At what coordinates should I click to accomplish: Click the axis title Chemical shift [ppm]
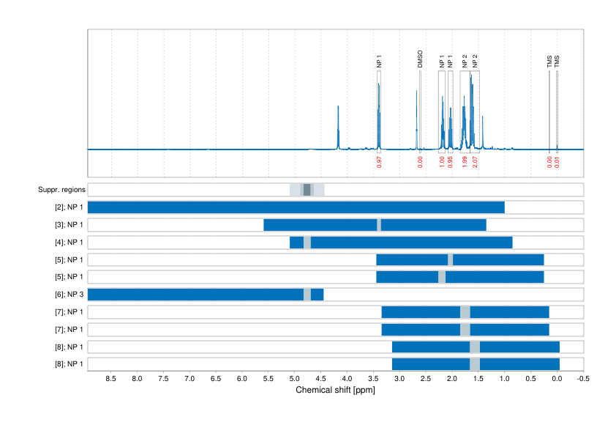coord(335,390)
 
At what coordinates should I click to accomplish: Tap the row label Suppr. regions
coord(61,190)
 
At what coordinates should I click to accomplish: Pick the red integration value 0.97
coord(379,162)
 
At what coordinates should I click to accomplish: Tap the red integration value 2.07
coord(475,162)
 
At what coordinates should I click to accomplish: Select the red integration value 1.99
coord(465,162)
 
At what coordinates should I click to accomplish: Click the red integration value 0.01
coord(557,162)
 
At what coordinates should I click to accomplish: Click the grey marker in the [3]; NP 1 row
coord(379,225)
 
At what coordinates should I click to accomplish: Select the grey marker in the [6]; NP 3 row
coord(307,295)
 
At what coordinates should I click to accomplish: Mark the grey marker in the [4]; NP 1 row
coord(307,243)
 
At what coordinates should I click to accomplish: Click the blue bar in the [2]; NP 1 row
coord(296,207)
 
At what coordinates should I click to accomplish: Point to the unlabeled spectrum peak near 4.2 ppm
coord(338,110)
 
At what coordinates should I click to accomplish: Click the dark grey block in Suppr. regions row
coord(307,190)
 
